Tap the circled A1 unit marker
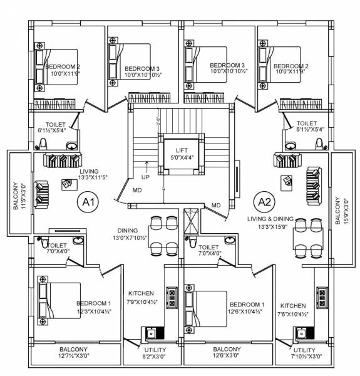click(88, 202)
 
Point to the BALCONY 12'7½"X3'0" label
click(74, 353)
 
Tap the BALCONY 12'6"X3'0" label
click(227, 353)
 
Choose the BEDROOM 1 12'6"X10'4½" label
click(246, 308)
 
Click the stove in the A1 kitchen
click(170, 294)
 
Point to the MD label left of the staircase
click(137, 190)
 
